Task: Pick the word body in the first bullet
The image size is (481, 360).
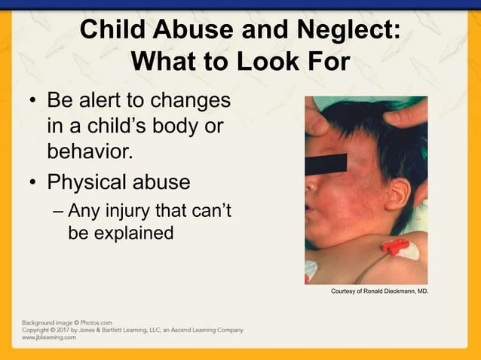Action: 173,127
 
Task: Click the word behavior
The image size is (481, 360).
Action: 90,153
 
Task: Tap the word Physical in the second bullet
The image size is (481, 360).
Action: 87,183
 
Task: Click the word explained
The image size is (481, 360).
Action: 132,233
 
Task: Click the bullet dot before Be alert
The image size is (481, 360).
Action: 32,101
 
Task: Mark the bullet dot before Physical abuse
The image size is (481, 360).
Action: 32,183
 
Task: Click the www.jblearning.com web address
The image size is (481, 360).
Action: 50,337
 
